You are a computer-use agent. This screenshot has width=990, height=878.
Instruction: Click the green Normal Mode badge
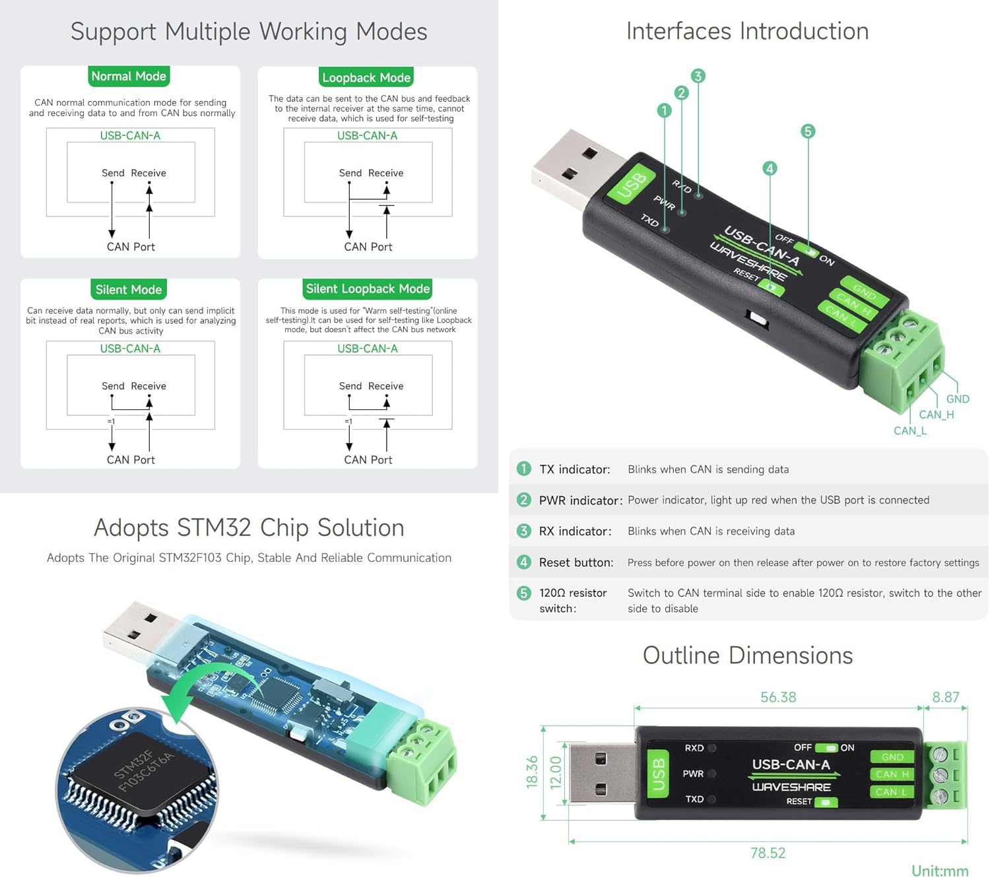129,77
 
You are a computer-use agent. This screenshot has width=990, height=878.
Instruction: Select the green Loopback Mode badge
366,78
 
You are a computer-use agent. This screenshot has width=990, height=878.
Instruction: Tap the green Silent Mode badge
129,290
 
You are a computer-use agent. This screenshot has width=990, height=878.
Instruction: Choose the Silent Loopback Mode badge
368,289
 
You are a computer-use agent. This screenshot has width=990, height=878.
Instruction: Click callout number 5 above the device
808,131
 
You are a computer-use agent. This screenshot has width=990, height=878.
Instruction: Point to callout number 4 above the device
770,168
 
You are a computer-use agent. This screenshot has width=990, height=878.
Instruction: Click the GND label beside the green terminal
957,399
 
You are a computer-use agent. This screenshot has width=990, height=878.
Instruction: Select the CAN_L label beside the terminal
910,430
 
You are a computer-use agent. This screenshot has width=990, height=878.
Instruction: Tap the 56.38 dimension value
778,697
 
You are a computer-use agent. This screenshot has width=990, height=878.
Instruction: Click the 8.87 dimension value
945,697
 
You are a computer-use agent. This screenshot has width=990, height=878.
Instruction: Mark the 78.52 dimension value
768,853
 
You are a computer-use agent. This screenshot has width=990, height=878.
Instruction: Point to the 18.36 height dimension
532,772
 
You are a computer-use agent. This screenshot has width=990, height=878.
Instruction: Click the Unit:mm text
940,871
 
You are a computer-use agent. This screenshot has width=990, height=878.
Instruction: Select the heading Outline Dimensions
747,656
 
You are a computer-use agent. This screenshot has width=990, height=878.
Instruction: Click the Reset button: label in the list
576,562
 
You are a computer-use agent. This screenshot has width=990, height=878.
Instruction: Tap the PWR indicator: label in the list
580,500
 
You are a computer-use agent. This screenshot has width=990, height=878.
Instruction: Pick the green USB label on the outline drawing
658,774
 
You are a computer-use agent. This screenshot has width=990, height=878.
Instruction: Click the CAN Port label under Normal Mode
131,247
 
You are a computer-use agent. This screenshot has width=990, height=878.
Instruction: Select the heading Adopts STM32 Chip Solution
249,528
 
